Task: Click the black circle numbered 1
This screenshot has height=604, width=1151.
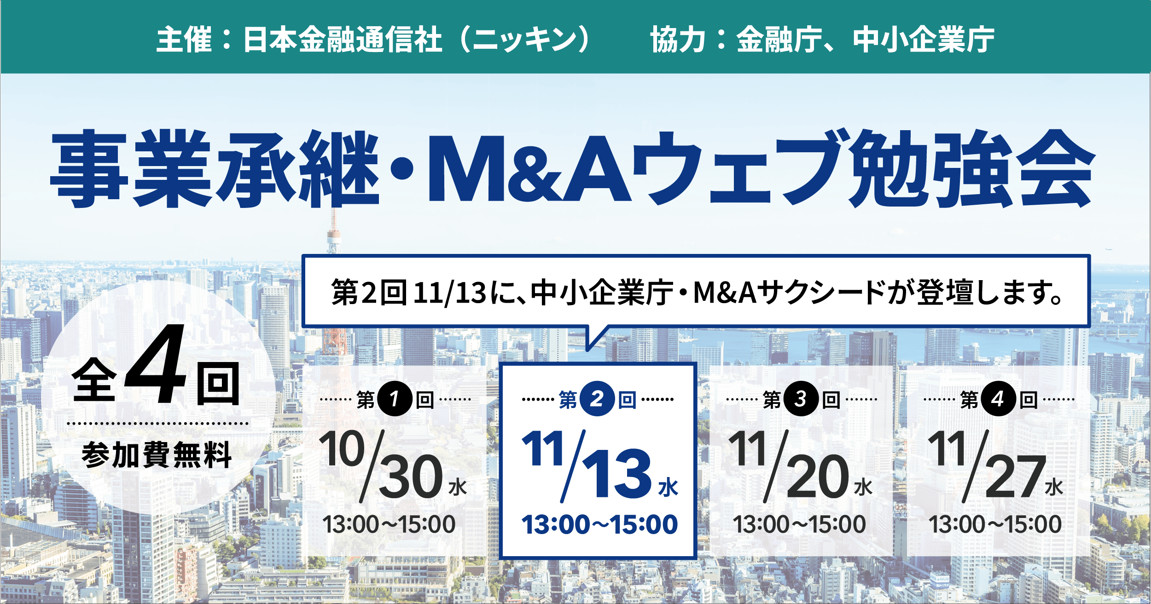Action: (x=394, y=399)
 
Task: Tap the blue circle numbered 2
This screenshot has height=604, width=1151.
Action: (x=597, y=399)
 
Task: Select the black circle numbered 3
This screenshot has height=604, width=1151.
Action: (x=801, y=399)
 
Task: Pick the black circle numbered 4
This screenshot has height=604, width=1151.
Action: (x=998, y=399)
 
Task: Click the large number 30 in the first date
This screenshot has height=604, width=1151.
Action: (x=411, y=477)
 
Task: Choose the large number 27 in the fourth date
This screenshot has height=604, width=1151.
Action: (x=1016, y=477)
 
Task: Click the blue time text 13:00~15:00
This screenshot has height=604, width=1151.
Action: (x=599, y=524)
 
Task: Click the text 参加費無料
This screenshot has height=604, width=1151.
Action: (x=157, y=455)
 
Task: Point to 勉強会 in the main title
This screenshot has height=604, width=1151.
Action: (x=971, y=168)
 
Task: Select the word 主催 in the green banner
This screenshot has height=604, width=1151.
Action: (x=184, y=40)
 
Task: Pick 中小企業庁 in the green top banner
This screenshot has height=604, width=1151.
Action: (x=924, y=40)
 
